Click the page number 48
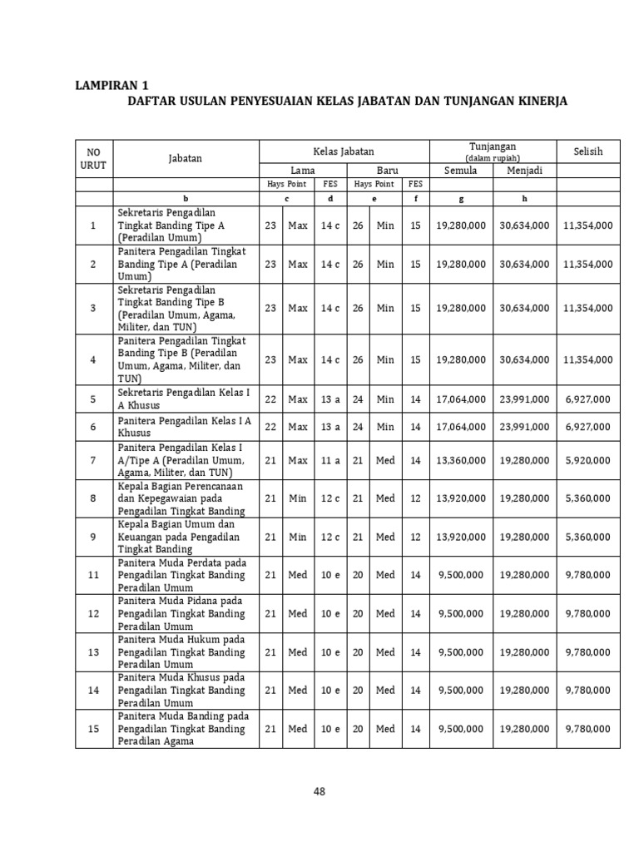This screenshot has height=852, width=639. (x=319, y=791)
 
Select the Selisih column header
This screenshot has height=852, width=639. (x=587, y=151)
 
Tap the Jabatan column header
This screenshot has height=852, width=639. (x=186, y=157)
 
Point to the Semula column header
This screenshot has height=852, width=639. (x=461, y=171)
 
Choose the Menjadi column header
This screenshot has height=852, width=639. (x=524, y=171)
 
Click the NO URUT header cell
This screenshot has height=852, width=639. (x=93, y=157)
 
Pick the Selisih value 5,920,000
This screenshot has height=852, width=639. (x=587, y=460)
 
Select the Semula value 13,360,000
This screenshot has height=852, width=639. (x=461, y=460)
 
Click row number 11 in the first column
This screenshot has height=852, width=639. (x=93, y=575)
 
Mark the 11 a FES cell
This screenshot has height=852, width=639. (x=330, y=460)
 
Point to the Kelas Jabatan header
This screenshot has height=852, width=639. (x=344, y=151)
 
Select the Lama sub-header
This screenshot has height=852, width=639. (x=301, y=171)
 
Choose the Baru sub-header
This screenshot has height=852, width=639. (x=388, y=171)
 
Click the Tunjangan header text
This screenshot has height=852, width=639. (x=493, y=146)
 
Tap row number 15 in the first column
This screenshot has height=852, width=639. (x=93, y=729)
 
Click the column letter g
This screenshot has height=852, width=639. (x=461, y=198)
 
